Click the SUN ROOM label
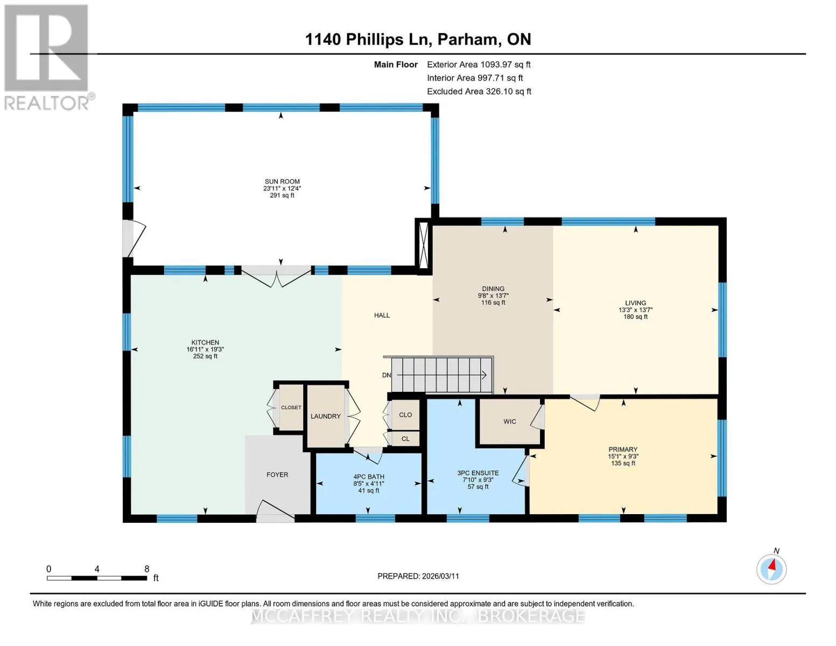tap(282, 181)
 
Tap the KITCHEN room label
tap(205, 342)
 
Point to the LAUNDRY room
tap(326, 416)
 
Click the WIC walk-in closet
tap(509, 422)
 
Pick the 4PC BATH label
tap(369, 477)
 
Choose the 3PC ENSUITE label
tap(478, 473)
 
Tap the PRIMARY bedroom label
tap(623, 450)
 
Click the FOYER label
tap(277, 475)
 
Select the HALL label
tap(382, 315)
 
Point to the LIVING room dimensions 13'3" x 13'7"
tap(636, 310)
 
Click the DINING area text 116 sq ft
tap(493, 303)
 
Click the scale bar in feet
tap(97, 578)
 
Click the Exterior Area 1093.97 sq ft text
tap(479, 65)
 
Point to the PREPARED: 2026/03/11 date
tap(418, 576)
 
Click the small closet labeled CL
tap(405, 439)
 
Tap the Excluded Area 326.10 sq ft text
tap(479, 92)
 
